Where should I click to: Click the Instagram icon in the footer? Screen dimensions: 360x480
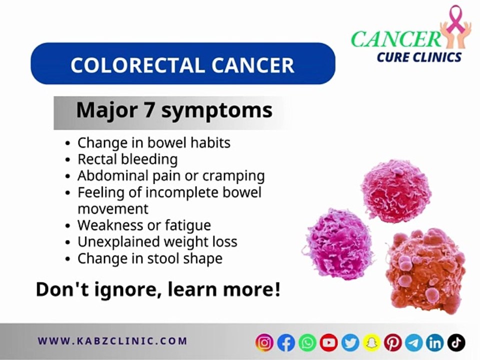[x=265, y=342]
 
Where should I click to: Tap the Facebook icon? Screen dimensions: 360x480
[x=286, y=342]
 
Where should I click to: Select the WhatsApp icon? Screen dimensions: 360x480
[x=307, y=342]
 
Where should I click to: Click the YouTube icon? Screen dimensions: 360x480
[x=328, y=342]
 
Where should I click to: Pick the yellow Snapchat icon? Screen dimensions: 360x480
[x=371, y=342]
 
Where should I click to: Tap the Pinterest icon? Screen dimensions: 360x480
[x=393, y=342]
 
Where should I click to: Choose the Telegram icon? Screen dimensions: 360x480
[x=414, y=342]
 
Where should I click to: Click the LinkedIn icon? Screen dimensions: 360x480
[x=435, y=342]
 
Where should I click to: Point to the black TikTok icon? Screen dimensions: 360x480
[x=456, y=342]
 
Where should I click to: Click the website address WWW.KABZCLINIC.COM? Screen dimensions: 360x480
[x=112, y=341]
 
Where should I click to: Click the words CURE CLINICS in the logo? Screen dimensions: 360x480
[x=419, y=57]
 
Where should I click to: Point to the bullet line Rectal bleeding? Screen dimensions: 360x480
[x=127, y=159]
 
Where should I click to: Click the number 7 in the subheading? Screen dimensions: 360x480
[x=148, y=110]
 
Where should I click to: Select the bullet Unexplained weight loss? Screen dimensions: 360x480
[x=157, y=242]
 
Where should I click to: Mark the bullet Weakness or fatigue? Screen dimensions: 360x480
[x=144, y=225]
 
